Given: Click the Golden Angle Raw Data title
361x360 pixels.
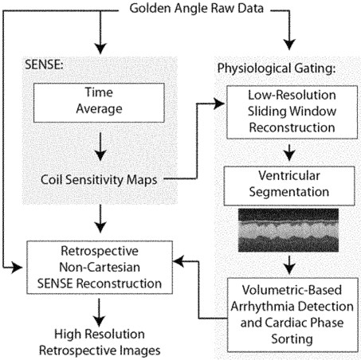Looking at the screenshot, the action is tap(196, 9).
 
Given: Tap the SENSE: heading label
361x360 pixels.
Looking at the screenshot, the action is tap(44, 65).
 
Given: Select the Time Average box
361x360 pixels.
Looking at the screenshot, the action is tap(99, 103).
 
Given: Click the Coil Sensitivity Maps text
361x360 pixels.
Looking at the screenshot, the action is tap(99, 180).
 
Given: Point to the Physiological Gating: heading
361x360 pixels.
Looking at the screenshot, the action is tap(277, 68).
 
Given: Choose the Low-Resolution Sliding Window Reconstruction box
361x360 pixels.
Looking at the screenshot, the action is tap(292, 112).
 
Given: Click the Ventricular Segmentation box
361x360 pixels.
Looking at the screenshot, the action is tap(289, 186).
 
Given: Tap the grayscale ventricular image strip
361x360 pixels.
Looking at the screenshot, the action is tap(288, 230).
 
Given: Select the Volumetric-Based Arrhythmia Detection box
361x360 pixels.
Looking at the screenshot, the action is tap(292, 315).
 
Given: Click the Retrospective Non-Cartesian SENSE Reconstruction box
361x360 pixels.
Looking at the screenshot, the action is tap(100, 267).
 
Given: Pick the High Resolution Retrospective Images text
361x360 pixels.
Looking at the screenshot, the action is tap(100, 342).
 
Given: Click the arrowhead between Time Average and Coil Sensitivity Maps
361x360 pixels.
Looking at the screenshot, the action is tap(100, 155).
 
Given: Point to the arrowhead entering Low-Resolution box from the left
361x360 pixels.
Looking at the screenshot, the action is tap(219, 104).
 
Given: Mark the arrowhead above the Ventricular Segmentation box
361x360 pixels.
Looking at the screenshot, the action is tap(289, 155).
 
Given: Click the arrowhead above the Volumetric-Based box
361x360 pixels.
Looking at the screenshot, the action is tap(289, 268).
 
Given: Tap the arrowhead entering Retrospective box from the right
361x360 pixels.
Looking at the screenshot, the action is tap(179, 261).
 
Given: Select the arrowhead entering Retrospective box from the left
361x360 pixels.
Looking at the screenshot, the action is tap(17, 268).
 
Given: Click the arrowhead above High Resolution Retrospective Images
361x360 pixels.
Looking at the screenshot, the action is tap(99, 321).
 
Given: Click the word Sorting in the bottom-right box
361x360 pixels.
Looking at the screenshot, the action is tap(292, 339).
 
